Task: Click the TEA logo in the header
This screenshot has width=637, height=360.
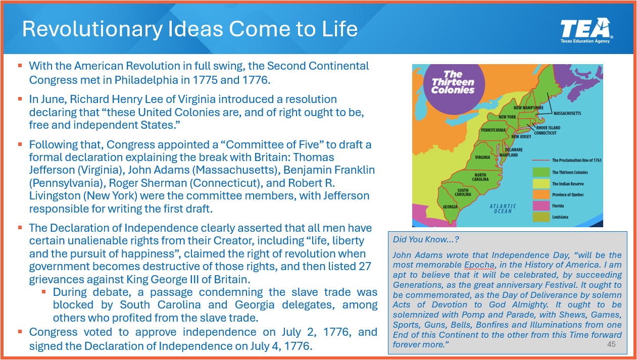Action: tap(586, 31)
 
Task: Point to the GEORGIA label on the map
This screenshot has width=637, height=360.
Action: tap(450, 207)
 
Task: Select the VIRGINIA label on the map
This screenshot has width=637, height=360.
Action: tap(482, 158)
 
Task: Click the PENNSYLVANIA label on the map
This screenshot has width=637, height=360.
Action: tap(494, 130)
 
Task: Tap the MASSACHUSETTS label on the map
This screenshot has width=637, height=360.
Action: tap(567, 114)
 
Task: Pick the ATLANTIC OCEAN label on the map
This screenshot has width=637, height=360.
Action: tap(503, 209)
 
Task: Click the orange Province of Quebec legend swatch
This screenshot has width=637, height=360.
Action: tap(541, 195)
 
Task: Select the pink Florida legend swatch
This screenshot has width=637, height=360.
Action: tap(541, 206)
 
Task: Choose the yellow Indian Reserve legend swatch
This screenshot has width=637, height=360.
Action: tap(541, 184)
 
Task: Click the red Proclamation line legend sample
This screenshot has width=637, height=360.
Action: tap(541, 161)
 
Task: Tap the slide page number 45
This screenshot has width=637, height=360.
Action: tap(611, 344)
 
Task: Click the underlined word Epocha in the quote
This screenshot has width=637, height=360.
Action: tap(480, 265)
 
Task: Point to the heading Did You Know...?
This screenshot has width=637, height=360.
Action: tap(426, 239)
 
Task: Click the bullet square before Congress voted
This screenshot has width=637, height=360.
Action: tap(20, 332)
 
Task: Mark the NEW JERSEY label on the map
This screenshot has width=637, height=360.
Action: tap(521, 137)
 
